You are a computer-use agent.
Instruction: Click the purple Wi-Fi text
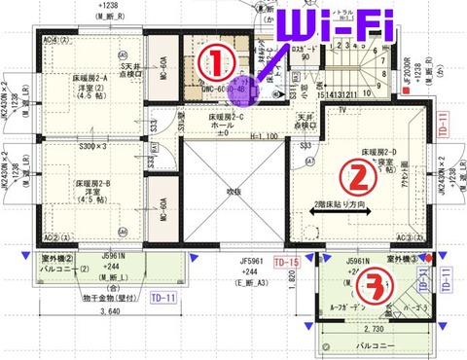(334, 23)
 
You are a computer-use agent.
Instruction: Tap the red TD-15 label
(286, 263)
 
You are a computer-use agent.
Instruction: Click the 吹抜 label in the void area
(226, 191)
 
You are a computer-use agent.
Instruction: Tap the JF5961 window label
(253, 261)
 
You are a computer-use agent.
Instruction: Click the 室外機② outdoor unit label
(58, 259)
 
